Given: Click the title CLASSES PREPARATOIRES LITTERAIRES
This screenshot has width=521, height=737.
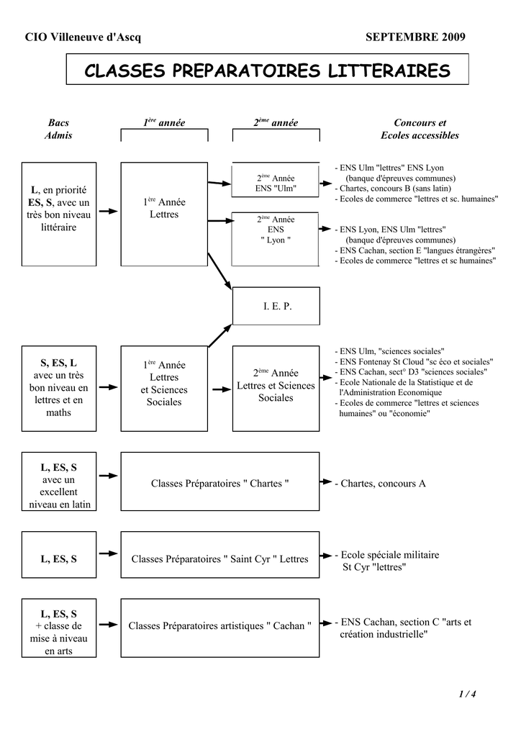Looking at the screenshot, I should pos(267,71).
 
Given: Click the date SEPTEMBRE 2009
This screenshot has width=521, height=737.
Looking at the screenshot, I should pos(415,37).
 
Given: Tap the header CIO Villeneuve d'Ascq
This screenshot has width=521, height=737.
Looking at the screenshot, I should pos(73,37).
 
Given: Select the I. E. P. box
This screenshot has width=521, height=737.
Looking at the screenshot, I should pos(276,306).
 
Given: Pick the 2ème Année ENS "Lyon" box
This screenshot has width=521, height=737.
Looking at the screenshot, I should pos(276,230).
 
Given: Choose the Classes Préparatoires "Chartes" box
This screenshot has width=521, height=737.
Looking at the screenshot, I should pos(219,483).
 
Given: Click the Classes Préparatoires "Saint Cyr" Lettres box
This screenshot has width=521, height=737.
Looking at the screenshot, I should pos(219,559).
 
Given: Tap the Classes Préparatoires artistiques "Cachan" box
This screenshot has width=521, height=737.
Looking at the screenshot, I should pos(219,626).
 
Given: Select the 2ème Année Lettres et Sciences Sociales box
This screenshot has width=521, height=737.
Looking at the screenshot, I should pos(276,385).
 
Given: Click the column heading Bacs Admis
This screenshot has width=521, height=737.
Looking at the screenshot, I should pos(58,130).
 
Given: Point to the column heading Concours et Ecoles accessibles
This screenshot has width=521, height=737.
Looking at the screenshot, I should pos(420,130).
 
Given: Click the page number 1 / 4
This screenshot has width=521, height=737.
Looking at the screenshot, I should pos(467,694).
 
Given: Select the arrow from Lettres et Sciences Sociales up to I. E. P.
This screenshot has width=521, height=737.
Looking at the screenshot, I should pos(220,335).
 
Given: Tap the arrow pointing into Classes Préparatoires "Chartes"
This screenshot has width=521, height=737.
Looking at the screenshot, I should pos(108,476).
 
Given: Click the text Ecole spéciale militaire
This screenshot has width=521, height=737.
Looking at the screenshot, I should pos(389,555).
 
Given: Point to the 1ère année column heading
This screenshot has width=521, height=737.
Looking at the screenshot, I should pos(164,124).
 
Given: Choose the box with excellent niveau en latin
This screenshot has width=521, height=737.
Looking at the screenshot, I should pos(58,485).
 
